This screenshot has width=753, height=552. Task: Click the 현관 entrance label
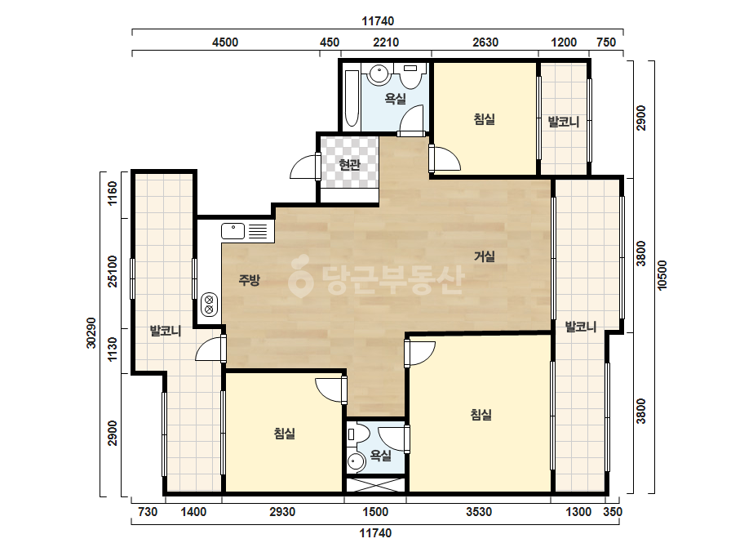click(349, 165)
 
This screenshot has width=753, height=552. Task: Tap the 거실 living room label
click(484, 256)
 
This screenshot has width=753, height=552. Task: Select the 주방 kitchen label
click(250, 280)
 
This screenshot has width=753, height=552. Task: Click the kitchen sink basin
click(233, 231)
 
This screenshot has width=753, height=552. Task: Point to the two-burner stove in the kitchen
click(210, 305)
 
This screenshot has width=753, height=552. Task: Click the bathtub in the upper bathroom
click(352, 99)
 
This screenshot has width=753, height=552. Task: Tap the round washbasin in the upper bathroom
click(379, 73)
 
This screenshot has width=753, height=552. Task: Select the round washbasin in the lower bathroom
click(356, 462)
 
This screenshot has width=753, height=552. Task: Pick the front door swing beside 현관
click(303, 167)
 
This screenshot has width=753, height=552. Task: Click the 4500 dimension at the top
click(225, 42)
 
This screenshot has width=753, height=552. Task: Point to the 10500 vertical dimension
click(662, 274)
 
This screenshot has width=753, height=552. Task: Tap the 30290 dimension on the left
click(91, 332)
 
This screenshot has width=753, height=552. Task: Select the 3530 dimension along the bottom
click(479, 512)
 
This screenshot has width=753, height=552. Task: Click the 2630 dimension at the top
click(485, 42)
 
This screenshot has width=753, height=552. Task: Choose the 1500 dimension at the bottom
click(375, 512)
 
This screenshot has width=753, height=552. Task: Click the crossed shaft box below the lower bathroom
click(375, 485)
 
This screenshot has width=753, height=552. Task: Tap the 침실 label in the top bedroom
click(484, 118)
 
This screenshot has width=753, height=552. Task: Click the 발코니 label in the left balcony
click(166, 331)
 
